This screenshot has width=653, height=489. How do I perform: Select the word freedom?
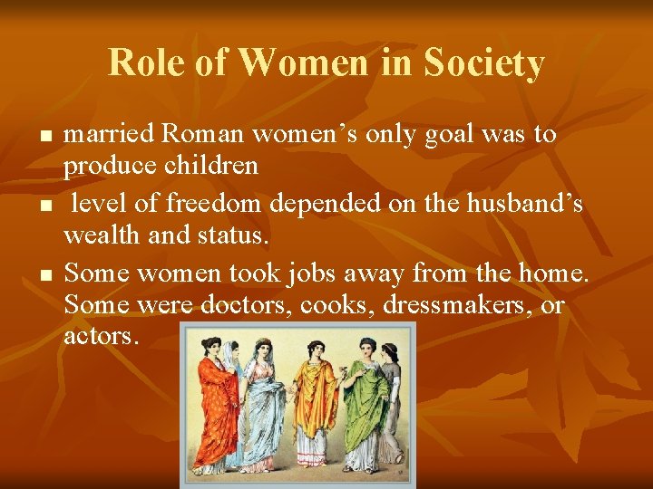click(x=210, y=204)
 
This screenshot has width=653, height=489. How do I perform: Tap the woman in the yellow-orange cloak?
click(x=317, y=398)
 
